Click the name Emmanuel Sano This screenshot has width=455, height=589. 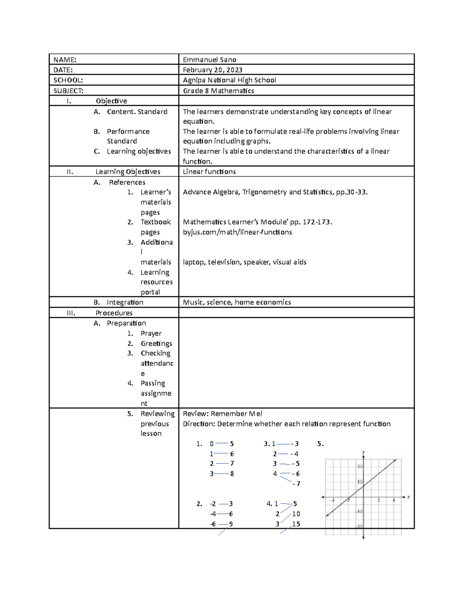coord(209,60)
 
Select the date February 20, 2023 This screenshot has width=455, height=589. coord(212,70)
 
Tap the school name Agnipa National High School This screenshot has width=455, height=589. coord(229,80)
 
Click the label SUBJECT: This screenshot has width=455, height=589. coord(68,91)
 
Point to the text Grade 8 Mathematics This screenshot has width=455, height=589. coord(218,91)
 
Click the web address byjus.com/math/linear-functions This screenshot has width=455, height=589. coord(237,232)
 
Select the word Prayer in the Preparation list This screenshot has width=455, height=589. coord(151,333)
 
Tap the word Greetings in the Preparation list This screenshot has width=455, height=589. coord(156,344)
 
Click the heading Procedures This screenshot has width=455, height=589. coord(114,313)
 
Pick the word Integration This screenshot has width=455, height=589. coord(125,302)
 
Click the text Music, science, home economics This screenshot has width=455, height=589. coord(237,302)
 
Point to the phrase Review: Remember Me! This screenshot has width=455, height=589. coord(222,414)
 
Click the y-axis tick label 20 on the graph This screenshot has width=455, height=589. coord(360,466)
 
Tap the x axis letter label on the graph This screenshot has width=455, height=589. coord(408,497)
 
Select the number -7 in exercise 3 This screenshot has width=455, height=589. coord(296,484)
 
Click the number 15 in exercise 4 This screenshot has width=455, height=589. coord(296,524)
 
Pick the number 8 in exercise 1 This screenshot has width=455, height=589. coord(232,474)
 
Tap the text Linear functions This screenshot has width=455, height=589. coord(209,172)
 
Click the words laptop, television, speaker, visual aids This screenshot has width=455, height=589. coord(245,262)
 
